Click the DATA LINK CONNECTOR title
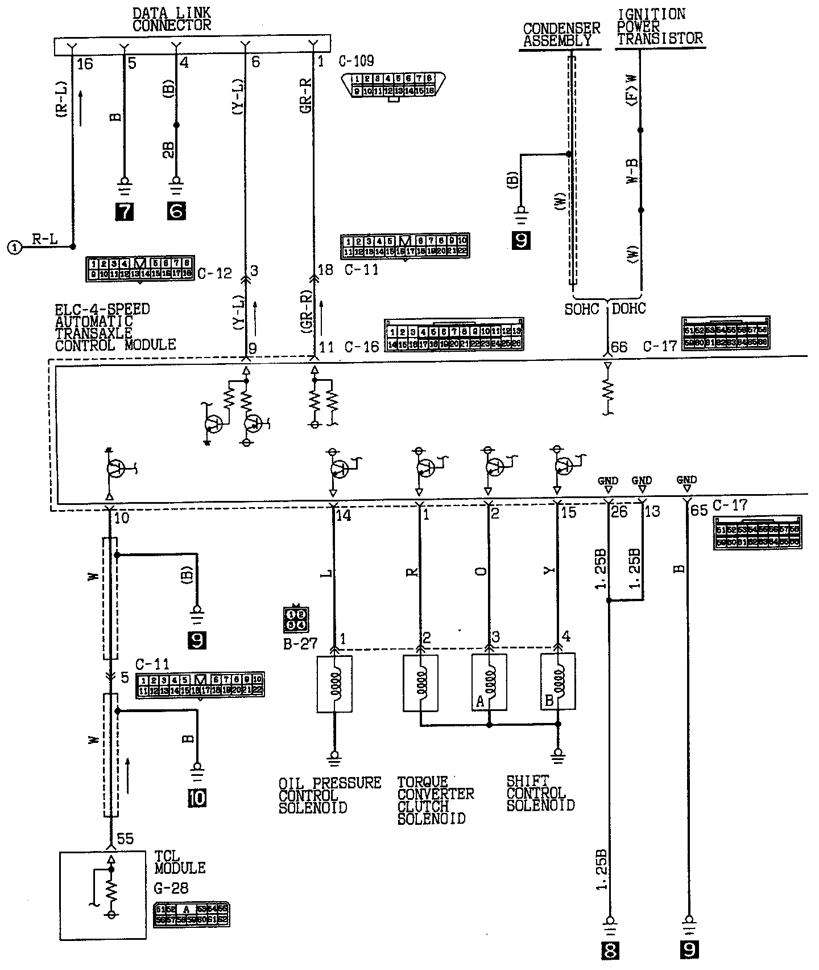point(171,18)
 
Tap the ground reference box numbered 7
point(124,212)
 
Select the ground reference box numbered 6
point(176,212)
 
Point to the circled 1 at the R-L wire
point(15,248)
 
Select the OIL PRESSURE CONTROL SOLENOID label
point(329,795)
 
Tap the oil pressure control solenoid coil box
point(334,684)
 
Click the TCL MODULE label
point(180,862)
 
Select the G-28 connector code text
point(171,887)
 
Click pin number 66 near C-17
point(618,347)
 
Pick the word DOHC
point(629,309)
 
